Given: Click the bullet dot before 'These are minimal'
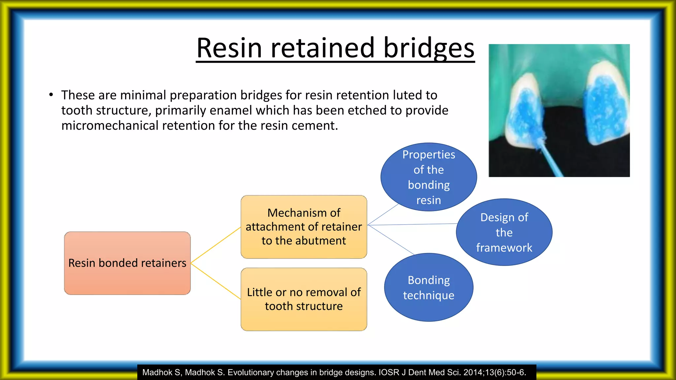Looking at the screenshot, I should coord(51,95).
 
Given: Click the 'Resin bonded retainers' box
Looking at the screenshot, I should coord(127,263).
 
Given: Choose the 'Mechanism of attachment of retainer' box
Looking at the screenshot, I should coord(304,227).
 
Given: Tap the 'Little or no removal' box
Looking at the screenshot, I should coord(304,299).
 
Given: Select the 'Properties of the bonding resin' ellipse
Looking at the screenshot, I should coord(428,177).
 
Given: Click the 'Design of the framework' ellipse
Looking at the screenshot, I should coord(504,232).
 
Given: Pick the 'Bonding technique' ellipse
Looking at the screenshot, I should coord(428,287).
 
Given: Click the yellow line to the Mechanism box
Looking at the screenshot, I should coord(216,245).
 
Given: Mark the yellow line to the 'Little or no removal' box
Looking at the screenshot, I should coord(216,281).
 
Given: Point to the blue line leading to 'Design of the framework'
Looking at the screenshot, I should coord(413,224).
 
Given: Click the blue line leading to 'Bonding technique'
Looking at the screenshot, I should coord(391,240).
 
